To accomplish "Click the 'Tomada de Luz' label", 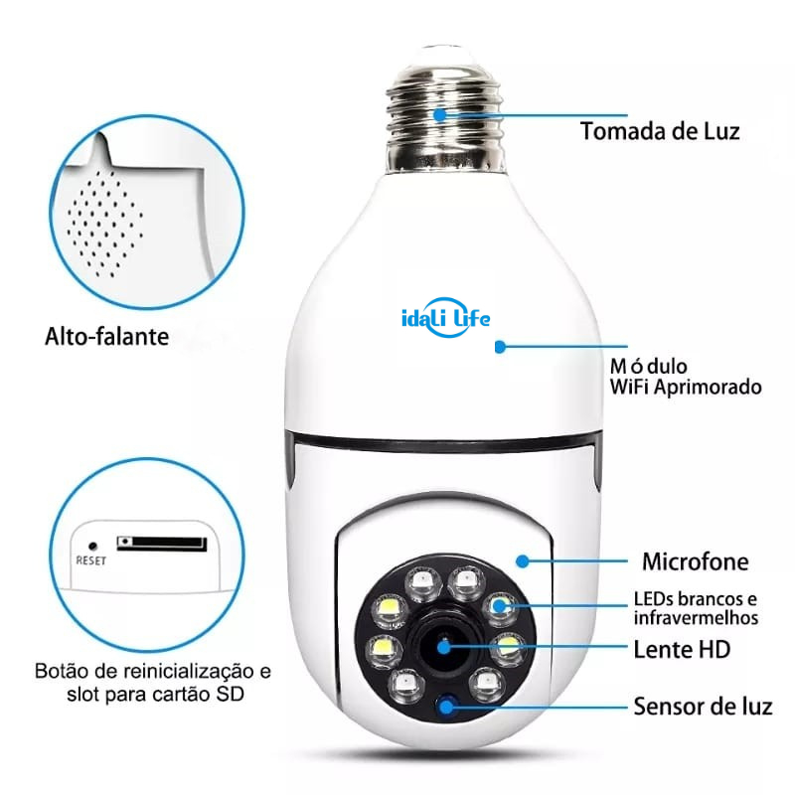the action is (x=660, y=131).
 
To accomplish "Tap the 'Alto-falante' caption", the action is (x=107, y=337).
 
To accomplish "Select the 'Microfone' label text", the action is (x=695, y=561).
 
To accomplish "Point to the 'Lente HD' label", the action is (x=682, y=650).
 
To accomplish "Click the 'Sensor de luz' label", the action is (x=704, y=707).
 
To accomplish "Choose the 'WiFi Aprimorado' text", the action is (x=686, y=387).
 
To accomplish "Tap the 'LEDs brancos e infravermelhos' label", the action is (x=696, y=608).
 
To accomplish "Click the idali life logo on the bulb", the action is (x=445, y=318).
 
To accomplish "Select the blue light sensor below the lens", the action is (x=446, y=707).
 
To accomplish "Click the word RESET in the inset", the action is (x=90, y=560).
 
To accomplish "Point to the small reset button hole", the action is (x=92, y=546).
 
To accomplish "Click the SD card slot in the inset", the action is (x=162, y=543).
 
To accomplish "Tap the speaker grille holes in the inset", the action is (x=104, y=223).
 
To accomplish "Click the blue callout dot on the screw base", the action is (x=440, y=115).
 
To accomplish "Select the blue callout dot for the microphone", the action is (x=523, y=561).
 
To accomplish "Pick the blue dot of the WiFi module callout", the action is (x=500, y=347).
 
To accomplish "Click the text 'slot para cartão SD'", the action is (x=155, y=694).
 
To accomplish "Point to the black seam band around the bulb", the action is (x=444, y=442).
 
